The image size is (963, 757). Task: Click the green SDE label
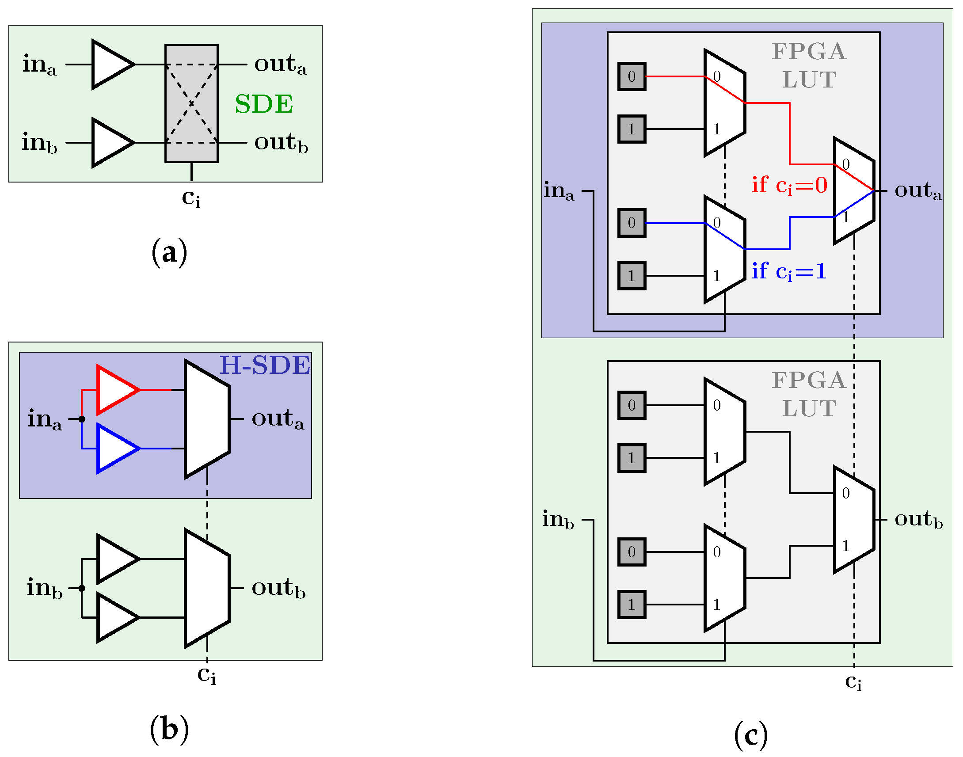(264, 104)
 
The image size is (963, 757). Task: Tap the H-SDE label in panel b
(265, 365)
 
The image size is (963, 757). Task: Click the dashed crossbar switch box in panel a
(191, 103)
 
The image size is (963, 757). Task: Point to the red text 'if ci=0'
(789, 185)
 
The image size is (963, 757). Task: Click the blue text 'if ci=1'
(789, 271)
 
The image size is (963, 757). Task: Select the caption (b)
(169, 729)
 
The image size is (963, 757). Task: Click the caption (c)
(751, 735)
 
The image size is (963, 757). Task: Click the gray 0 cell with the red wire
(632, 77)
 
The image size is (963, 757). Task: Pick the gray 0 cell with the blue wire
(632, 223)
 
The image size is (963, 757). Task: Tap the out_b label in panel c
(918, 519)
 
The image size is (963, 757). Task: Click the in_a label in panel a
(39, 65)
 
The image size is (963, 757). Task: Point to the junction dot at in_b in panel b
(82, 588)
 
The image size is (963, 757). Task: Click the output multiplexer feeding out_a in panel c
(853, 190)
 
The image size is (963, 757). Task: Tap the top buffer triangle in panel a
(111, 65)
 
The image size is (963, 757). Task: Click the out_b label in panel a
(281, 143)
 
